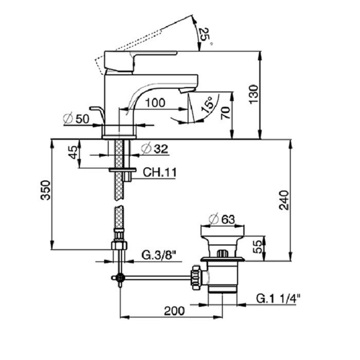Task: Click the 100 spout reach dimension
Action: click(x=155, y=102)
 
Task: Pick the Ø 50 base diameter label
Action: click(x=77, y=119)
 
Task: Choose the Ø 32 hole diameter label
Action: click(x=154, y=150)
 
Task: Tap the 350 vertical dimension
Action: click(x=46, y=190)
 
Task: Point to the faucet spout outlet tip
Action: click(x=184, y=89)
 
